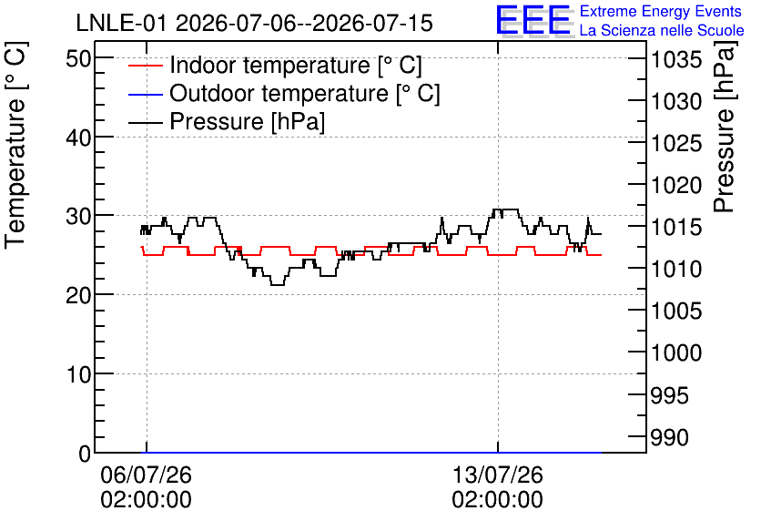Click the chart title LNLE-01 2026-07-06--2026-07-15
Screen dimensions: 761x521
(x=254, y=24)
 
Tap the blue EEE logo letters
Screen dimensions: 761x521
(x=533, y=20)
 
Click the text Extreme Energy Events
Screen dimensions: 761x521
(x=661, y=11)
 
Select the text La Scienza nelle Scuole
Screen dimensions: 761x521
(x=662, y=30)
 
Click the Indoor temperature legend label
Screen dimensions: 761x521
(x=296, y=65)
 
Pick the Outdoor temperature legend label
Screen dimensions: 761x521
(x=305, y=93)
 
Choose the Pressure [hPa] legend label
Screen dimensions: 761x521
(x=247, y=121)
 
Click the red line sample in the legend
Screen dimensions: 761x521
(x=145, y=66)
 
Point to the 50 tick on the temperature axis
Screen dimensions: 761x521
(x=78, y=59)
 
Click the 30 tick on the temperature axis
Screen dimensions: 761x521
(x=78, y=216)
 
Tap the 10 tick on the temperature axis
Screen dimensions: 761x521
(x=78, y=374)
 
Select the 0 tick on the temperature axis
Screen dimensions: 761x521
(x=85, y=454)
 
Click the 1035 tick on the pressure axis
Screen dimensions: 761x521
(x=676, y=60)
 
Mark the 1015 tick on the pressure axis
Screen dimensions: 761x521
(x=676, y=227)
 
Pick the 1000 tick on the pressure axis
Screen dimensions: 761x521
(x=676, y=352)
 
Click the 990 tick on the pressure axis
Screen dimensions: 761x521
(x=669, y=437)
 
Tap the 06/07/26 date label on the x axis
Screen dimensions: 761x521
(x=146, y=475)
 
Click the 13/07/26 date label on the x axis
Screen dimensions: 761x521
(x=497, y=475)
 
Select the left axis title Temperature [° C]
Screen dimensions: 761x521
(x=15, y=146)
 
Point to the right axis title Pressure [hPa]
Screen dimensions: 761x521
(x=725, y=127)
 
